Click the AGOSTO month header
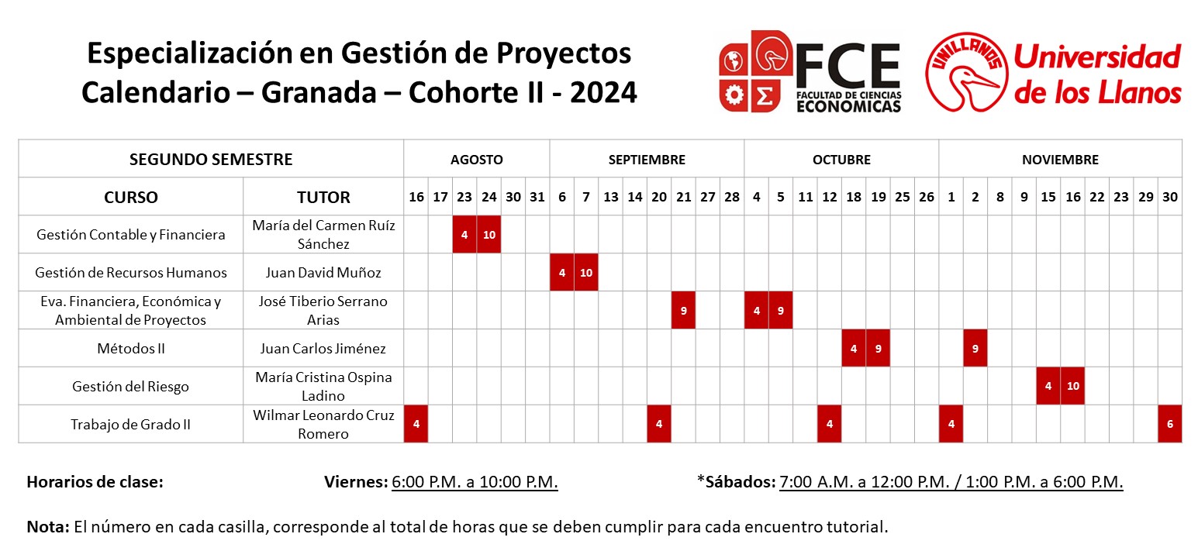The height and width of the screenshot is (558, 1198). click(x=476, y=160)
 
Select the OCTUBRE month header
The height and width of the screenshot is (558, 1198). click(x=841, y=160)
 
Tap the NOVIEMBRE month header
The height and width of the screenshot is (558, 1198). click(x=1060, y=160)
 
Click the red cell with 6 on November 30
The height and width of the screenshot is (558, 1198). click(x=1170, y=424)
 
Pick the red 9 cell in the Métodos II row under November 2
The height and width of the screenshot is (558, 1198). click(x=975, y=348)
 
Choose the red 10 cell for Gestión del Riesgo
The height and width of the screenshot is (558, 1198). click(x=1072, y=386)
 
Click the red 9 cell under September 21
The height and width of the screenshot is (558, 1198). click(x=683, y=310)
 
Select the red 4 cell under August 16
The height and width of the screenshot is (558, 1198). click(x=416, y=424)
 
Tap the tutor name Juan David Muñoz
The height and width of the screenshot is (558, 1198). click(x=323, y=272)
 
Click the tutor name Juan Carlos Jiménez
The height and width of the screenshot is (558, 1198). click(x=323, y=348)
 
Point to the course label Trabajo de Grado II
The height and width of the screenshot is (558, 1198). click(x=130, y=424)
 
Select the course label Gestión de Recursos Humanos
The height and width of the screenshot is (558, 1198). click(x=130, y=272)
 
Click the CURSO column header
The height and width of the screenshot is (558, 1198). click(x=130, y=197)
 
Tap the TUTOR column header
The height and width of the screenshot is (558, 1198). click(x=323, y=197)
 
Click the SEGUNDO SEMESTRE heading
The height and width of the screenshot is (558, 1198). click(x=211, y=160)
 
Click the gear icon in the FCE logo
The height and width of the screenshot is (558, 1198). click(x=733, y=95)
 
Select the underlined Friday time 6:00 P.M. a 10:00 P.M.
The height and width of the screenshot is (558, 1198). click(x=475, y=481)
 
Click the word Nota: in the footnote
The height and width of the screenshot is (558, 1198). click(x=48, y=527)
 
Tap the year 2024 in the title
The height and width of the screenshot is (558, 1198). click(x=603, y=93)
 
